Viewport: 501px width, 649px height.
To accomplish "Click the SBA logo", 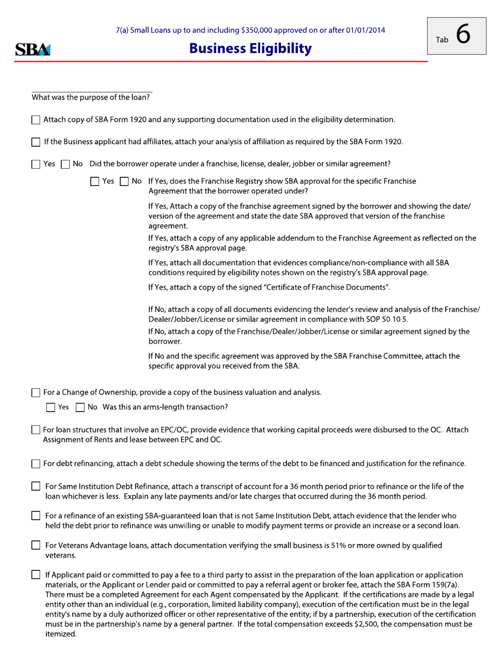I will [33, 50].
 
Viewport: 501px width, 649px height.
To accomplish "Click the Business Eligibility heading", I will [250, 49].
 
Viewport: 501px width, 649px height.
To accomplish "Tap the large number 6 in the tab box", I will [462, 34].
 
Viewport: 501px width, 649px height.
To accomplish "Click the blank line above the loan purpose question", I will [92, 91].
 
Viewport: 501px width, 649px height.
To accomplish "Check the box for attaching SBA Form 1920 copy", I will [36, 120].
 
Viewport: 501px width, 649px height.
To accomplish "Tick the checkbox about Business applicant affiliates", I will [36, 142].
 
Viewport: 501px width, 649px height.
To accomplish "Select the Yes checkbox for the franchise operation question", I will [36, 164].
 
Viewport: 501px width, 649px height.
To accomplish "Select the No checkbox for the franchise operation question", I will [65, 164].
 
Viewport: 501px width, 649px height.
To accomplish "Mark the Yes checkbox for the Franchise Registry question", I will [95, 182].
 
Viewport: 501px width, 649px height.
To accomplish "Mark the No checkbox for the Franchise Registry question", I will [124, 182].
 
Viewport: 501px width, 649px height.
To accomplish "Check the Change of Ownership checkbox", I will [36, 393].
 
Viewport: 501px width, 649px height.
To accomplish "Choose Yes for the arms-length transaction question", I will [51, 407].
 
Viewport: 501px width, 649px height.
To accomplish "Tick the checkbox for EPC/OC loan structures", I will [36, 431].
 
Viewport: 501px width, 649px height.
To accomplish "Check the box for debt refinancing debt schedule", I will [36, 464].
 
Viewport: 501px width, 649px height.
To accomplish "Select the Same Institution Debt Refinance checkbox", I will [36, 486].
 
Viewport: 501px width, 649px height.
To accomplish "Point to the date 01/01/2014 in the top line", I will [365, 30].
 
